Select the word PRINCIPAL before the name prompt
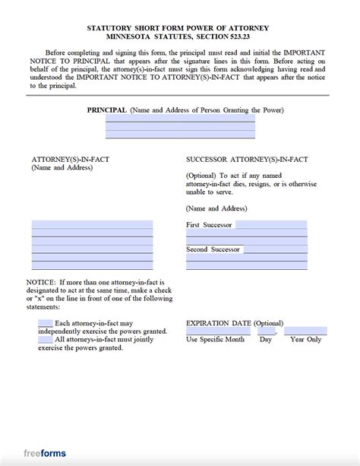(x=106, y=110)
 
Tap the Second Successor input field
(x=275, y=249)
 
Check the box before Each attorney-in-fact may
(x=45, y=323)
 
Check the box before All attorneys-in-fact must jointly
(x=45, y=339)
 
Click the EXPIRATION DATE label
(x=219, y=323)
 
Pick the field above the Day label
(x=266, y=331)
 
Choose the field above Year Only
(x=305, y=331)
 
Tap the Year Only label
(x=305, y=340)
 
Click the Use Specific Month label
(x=216, y=340)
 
